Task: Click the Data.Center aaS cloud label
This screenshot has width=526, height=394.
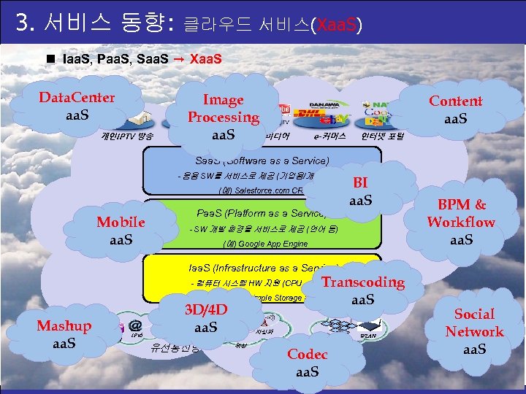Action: point(77,107)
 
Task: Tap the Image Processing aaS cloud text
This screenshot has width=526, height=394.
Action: point(223,117)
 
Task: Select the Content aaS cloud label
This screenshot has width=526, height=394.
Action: point(455,109)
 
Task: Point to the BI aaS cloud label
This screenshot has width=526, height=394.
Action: point(360,191)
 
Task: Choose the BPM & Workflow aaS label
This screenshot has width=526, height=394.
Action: point(461,222)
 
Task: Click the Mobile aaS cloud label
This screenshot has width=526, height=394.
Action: point(121,231)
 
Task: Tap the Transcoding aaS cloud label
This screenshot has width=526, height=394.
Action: point(363,290)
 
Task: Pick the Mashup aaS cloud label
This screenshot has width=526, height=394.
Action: point(64,334)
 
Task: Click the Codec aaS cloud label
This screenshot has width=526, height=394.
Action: point(308,363)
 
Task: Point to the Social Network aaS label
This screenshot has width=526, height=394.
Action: point(474,332)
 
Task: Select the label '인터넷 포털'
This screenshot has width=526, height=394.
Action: point(382,136)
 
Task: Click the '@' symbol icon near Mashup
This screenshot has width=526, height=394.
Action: point(134,327)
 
